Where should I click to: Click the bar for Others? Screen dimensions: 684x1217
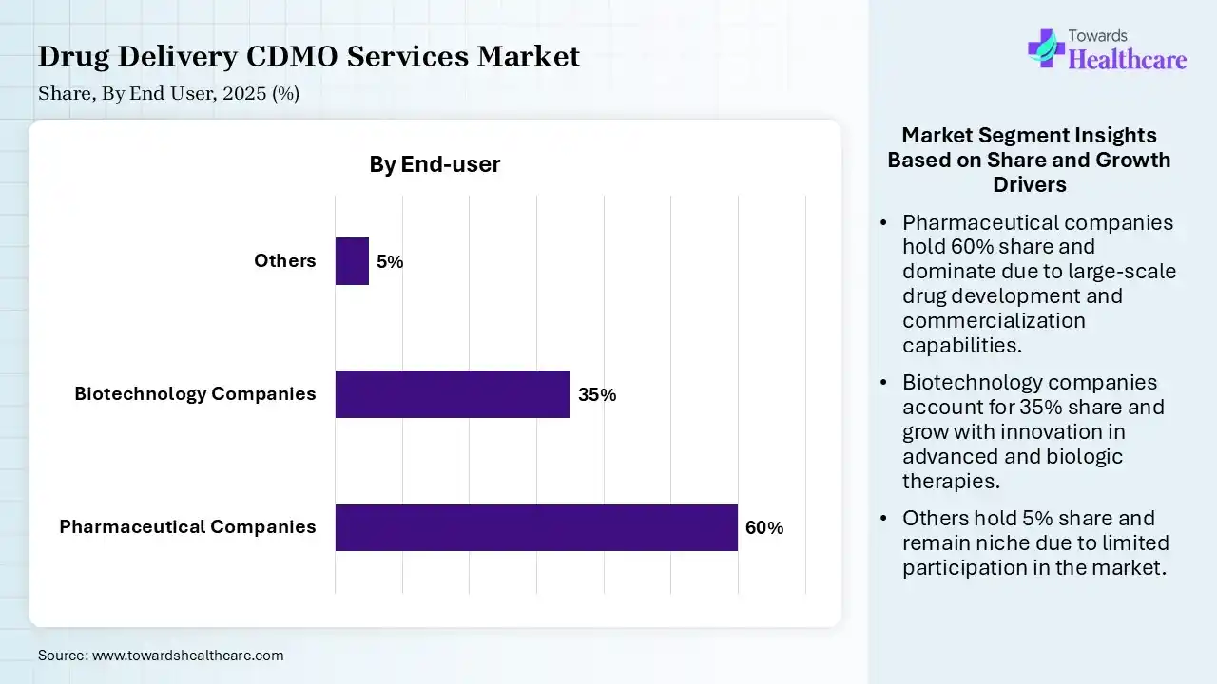[x=352, y=261]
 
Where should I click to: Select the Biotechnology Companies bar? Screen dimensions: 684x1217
[x=453, y=394]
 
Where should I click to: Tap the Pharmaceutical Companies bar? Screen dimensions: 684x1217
[x=536, y=527]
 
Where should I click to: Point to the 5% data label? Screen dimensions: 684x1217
[x=390, y=262]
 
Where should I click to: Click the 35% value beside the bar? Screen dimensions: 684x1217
[x=597, y=395]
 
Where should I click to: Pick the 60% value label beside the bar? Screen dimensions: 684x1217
[x=764, y=528]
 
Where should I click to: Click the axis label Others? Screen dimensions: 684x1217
[x=284, y=260]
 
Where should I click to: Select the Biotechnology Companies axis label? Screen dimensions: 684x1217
[x=195, y=393]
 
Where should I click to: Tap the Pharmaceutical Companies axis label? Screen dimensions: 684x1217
[x=187, y=526]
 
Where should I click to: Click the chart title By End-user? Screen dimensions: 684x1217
[x=435, y=164]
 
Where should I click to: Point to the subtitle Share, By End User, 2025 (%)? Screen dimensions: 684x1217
[x=169, y=94]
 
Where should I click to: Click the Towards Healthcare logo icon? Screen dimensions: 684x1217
[x=1046, y=47]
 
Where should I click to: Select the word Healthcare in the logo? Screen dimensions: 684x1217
[x=1128, y=60]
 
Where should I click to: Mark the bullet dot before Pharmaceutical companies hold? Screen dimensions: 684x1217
[x=884, y=223]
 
